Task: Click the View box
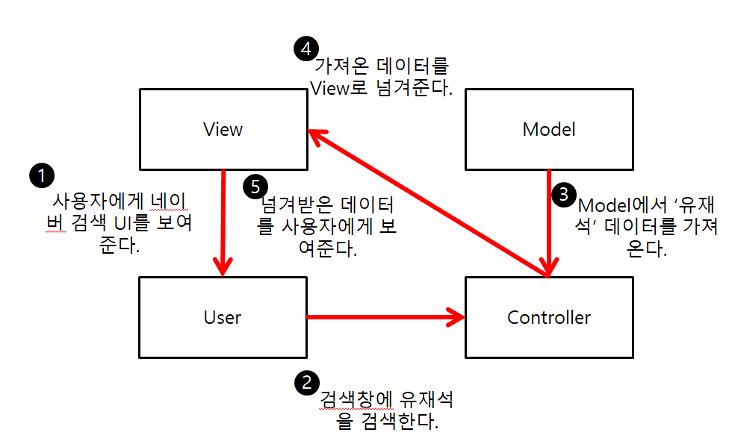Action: (x=223, y=129)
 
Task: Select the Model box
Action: (x=549, y=129)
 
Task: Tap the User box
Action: (x=223, y=317)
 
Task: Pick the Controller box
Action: (x=549, y=317)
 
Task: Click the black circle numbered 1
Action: (x=42, y=176)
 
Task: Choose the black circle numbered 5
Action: (x=255, y=185)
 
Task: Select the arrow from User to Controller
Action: (x=385, y=317)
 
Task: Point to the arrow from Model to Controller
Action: (x=550, y=224)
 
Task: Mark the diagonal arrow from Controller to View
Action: (x=426, y=202)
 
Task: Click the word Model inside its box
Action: (x=549, y=129)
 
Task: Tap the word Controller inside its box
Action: (x=549, y=317)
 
